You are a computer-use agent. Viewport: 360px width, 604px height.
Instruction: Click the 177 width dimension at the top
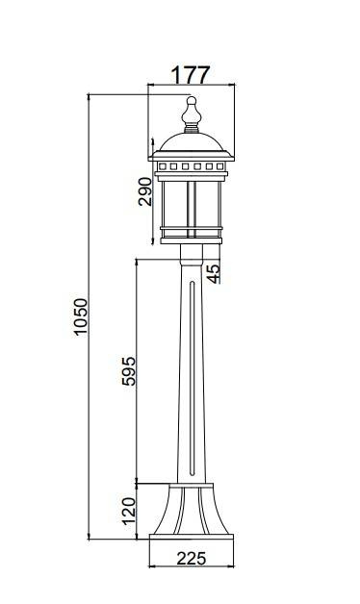[191, 75]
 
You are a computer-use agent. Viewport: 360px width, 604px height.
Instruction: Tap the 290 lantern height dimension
[145, 191]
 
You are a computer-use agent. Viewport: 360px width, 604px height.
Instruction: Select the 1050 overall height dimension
[81, 316]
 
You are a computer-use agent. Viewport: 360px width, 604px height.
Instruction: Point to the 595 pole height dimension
[129, 371]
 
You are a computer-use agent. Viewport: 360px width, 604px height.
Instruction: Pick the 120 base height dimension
[129, 511]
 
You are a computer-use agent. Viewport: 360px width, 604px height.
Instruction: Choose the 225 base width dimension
[192, 558]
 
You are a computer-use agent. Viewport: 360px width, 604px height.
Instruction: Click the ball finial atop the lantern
[192, 101]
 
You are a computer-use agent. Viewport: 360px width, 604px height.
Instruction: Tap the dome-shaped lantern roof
[192, 142]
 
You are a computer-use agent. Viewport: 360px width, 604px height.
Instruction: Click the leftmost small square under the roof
[163, 166]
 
